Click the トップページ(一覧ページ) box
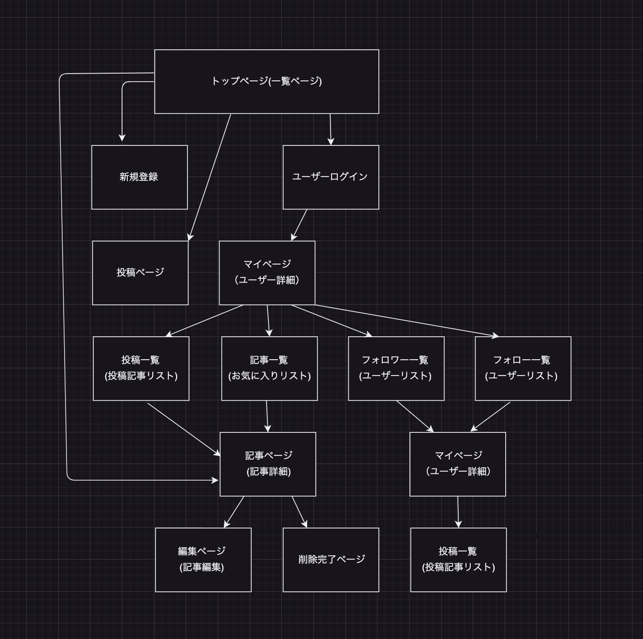tap(266, 81)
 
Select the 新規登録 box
tap(139, 177)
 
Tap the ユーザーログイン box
tap(331, 177)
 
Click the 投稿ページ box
tap(140, 273)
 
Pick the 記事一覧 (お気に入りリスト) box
tap(269, 368)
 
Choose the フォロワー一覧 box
tap(396, 368)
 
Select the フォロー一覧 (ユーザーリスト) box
tap(523, 368)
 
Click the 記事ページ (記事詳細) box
tap(268, 464)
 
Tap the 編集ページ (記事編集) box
tap(203, 560)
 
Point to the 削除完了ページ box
tap(331, 560)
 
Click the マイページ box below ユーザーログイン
tap(267, 273)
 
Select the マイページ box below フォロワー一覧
tap(458, 464)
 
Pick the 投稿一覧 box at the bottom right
tap(458, 560)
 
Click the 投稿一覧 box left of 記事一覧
tap(141, 368)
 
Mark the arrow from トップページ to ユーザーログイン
tap(330, 128)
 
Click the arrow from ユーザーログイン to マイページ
tap(299, 224)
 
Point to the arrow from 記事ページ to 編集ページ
tap(234, 511)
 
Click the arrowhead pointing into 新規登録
tap(122, 137)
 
